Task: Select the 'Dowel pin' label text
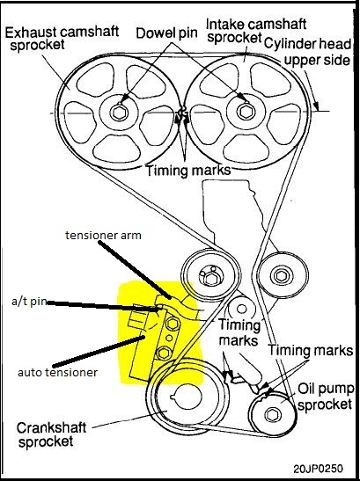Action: (x=165, y=33)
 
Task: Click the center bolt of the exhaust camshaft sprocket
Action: (x=120, y=113)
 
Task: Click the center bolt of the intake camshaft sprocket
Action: (x=246, y=113)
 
